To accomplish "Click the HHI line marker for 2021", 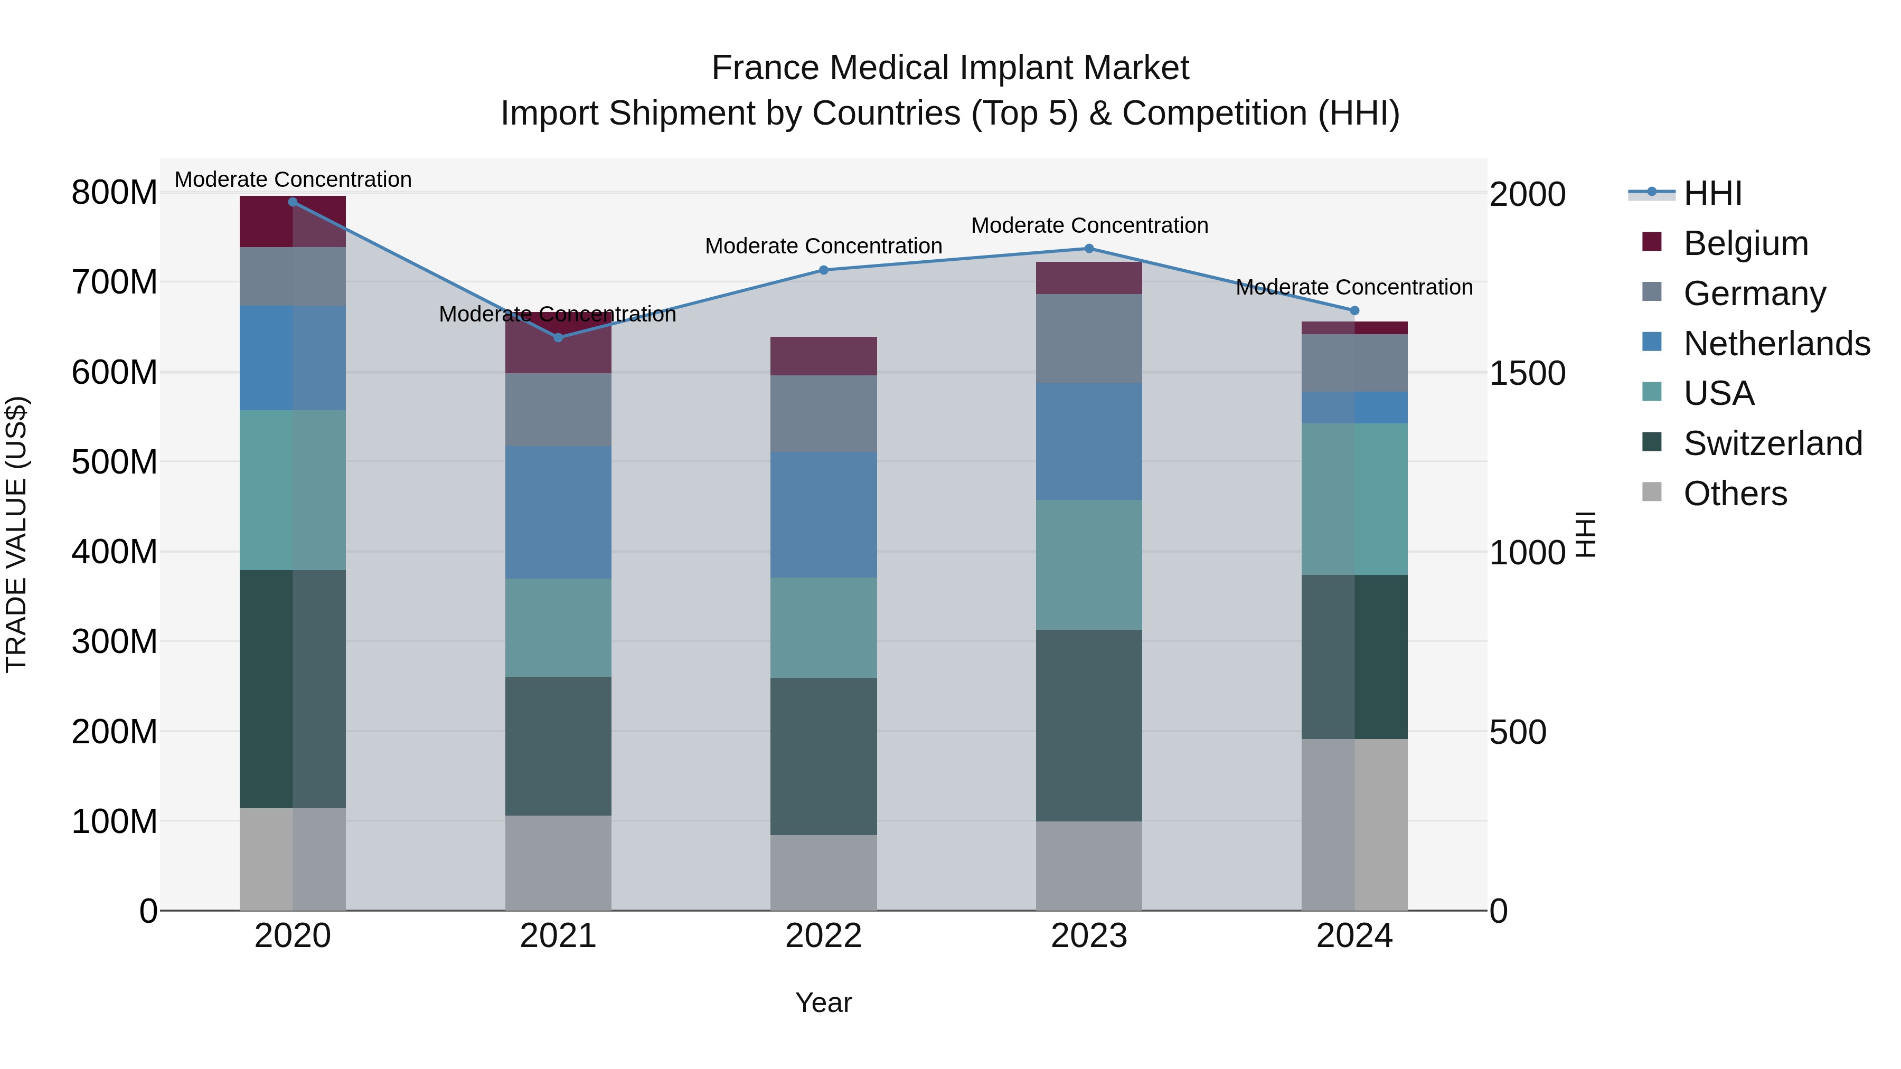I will pos(558,337).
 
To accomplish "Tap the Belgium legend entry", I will pos(1745,243).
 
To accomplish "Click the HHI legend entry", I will pos(1712,193).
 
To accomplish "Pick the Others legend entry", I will pos(1734,494).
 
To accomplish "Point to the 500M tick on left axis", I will pos(115,462).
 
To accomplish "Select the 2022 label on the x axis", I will pos(824,936).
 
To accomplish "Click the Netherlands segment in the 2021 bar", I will pos(558,512).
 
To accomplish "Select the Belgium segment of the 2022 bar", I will pos(824,356).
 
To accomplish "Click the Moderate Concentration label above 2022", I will pos(824,247).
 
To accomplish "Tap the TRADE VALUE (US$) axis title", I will pos(16,534).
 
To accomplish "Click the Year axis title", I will pos(824,1002).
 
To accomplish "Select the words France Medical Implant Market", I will pos(950,69).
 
